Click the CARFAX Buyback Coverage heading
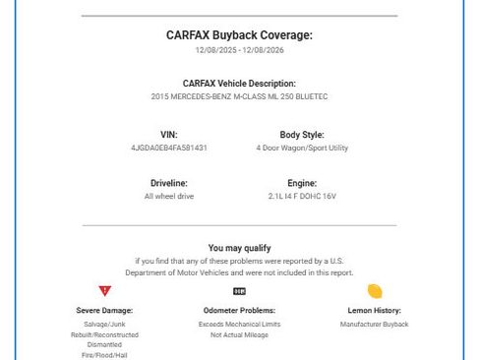239,34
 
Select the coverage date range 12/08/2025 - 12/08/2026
239,50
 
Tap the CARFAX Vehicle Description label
239,84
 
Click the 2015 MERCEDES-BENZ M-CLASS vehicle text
239,97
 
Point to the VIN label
168,135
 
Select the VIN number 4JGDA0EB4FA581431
168,149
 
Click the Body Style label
302,135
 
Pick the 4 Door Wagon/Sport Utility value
302,149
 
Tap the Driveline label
168,183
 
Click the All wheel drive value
168,197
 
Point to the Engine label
302,183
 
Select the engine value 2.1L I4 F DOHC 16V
302,197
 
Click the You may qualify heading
239,248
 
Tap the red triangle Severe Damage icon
105,291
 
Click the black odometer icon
239,291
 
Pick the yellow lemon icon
374,291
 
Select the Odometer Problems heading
239,311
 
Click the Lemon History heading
374,311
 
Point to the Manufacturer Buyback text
374,324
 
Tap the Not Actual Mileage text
239,334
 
